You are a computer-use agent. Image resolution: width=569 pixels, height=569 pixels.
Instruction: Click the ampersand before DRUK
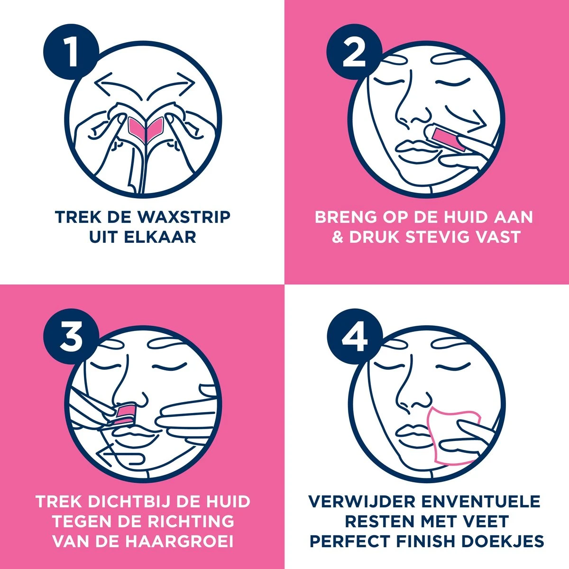pyautogui.click(x=338, y=237)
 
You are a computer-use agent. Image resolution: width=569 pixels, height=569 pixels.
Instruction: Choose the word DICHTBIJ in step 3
pyautogui.click(x=133, y=501)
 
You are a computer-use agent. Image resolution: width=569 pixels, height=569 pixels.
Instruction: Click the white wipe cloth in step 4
pyautogui.click(x=453, y=434)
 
